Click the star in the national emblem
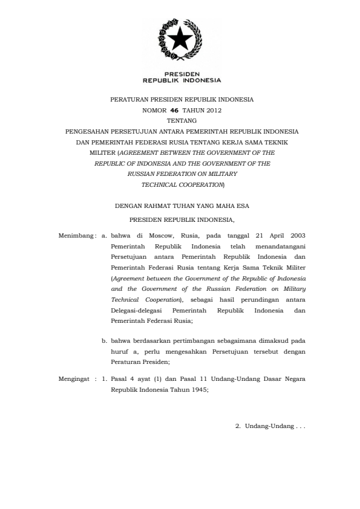point(180,40)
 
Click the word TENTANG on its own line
point(182,120)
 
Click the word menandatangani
point(280,247)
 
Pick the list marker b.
point(104,341)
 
